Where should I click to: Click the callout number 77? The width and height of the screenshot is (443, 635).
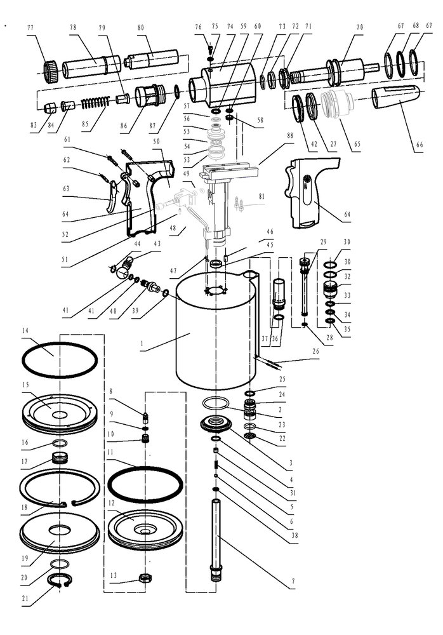[x=30, y=27]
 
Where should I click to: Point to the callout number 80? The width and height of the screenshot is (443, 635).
[x=140, y=27]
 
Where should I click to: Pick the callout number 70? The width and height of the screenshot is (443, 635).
[x=359, y=27]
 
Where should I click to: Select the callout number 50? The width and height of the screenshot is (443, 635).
[x=156, y=140]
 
